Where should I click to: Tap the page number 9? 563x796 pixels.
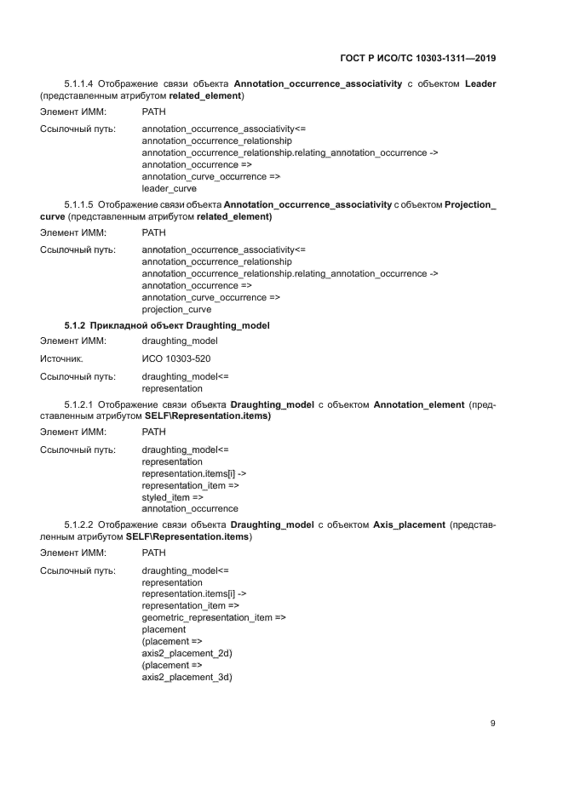pos(492,723)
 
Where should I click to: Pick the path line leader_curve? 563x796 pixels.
pos(169,188)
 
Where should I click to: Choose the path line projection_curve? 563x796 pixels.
pos(176,310)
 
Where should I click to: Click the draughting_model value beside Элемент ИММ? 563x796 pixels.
pos(180,341)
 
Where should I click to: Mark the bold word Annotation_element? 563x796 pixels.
pos(416,404)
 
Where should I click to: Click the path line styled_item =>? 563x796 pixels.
pos(172,496)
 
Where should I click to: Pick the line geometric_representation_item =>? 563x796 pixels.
pos(213,617)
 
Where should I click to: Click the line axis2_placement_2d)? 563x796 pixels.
pos(187,653)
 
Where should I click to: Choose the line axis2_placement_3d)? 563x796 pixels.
pos(187,677)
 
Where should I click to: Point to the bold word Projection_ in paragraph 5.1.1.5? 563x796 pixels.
pos(470,206)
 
